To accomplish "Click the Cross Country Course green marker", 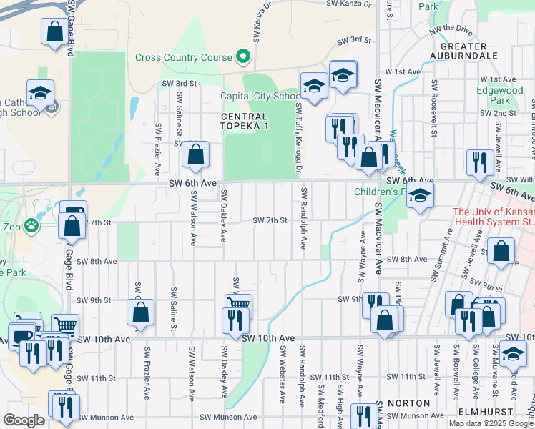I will coord(243,56).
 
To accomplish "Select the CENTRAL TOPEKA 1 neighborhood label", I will coord(245,121).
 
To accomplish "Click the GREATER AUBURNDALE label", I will coord(464,49).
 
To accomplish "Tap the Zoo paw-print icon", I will coord(31,225).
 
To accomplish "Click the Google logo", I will coord(24,420).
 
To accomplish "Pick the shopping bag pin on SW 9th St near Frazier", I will coord(141,312).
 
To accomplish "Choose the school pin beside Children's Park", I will coord(420,195).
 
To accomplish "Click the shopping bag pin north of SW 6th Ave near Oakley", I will coord(195,154).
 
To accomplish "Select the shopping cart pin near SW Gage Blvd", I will coord(64,325).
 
